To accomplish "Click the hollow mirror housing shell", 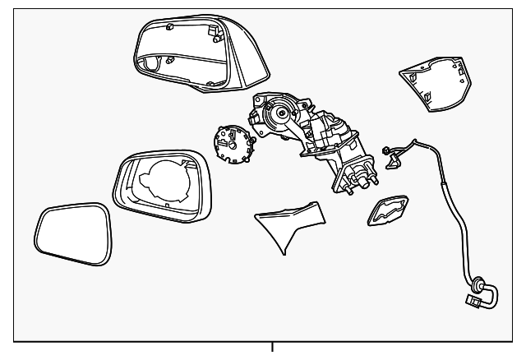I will [x=189, y=51].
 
